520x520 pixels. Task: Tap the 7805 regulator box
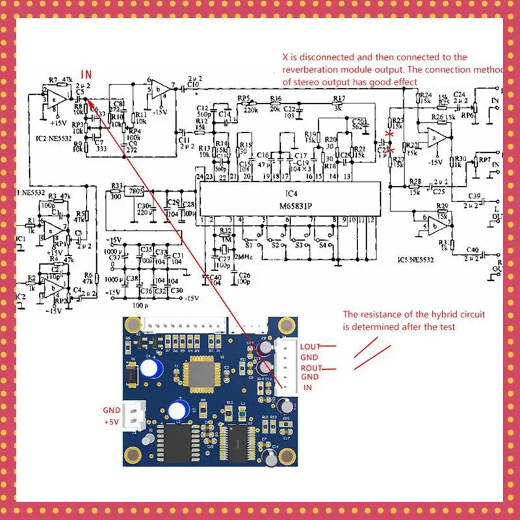tap(136, 192)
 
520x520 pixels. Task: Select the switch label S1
tap(248, 246)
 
